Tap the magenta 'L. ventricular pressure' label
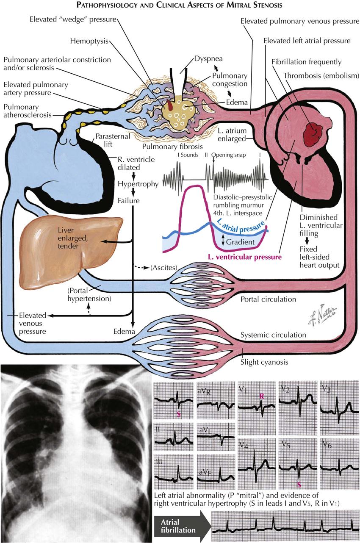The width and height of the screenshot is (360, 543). point(245,257)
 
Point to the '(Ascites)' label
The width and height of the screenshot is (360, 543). point(163,268)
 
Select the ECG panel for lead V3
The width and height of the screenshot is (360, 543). point(338,407)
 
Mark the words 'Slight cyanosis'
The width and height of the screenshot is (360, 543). point(264,363)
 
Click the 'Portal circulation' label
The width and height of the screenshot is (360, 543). point(269,299)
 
